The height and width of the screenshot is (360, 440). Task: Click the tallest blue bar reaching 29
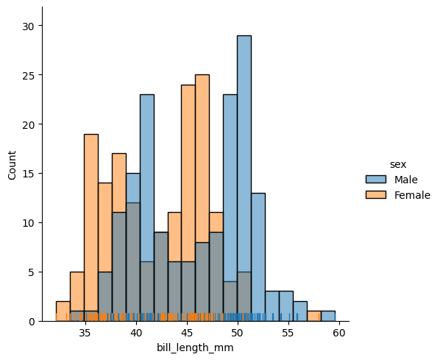pyautogui.click(x=244, y=178)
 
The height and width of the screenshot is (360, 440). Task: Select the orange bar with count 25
pyautogui.click(x=202, y=198)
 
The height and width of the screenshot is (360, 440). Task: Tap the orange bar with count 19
pyautogui.click(x=91, y=227)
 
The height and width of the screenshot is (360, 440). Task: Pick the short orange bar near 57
pyautogui.click(x=314, y=316)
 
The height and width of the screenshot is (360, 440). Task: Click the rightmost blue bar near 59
pyautogui.click(x=328, y=316)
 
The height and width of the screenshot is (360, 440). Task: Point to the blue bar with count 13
pyautogui.click(x=258, y=257)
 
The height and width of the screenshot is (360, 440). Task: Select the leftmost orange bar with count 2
pyautogui.click(x=63, y=311)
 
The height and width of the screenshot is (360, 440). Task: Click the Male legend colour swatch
pyautogui.click(x=376, y=180)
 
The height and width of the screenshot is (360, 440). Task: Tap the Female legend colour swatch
pyautogui.click(x=376, y=195)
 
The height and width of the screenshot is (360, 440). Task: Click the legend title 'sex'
pyautogui.click(x=398, y=164)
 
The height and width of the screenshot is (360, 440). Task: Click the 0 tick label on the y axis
pyautogui.click(x=32, y=322)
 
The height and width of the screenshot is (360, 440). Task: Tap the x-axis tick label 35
pyautogui.click(x=85, y=333)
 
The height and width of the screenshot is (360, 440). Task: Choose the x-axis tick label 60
pyautogui.click(x=339, y=333)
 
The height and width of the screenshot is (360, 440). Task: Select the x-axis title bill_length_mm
pyautogui.click(x=195, y=348)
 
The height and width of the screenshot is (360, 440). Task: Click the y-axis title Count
pyautogui.click(x=12, y=165)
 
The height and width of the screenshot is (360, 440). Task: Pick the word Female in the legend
pyautogui.click(x=412, y=195)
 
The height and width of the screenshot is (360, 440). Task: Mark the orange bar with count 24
pyautogui.click(x=188, y=203)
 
